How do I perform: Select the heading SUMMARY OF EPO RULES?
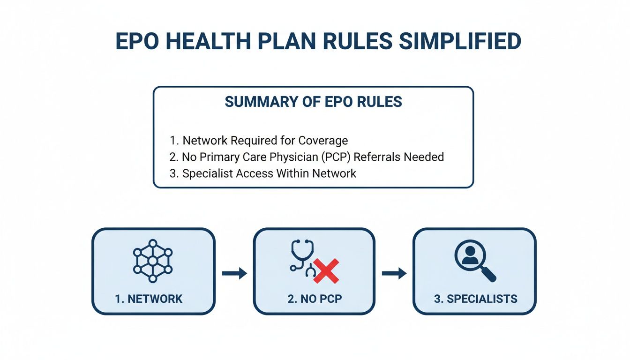point(313,102)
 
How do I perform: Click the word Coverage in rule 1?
point(323,140)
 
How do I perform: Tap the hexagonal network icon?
point(153,261)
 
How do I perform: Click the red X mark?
point(326,271)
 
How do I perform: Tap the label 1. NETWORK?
point(149,299)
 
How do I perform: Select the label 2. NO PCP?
point(315,299)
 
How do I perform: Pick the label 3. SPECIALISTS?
point(475,299)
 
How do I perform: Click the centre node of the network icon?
point(153,261)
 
